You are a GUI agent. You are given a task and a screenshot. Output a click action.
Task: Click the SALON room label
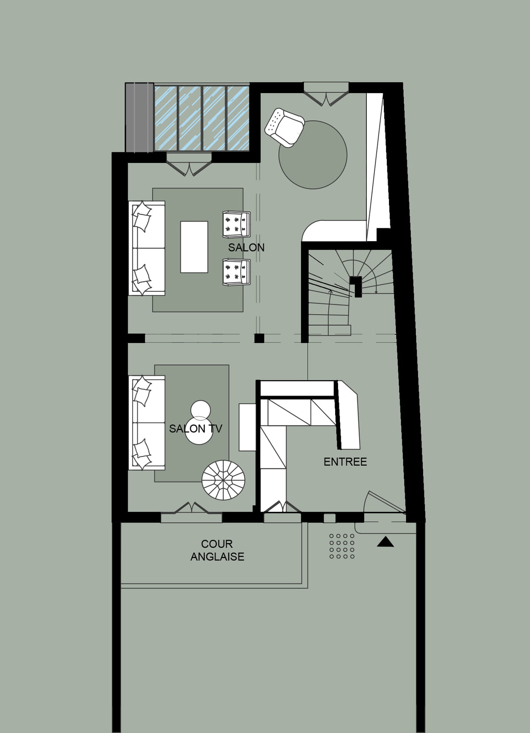click(x=246, y=247)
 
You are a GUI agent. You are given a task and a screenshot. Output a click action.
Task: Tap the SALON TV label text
click(x=195, y=429)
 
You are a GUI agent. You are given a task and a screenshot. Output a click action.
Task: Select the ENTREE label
click(x=345, y=462)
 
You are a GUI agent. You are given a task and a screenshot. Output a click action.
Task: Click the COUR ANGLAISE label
click(x=217, y=550)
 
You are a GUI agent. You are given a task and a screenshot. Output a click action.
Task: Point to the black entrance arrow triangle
click(x=385, y=542)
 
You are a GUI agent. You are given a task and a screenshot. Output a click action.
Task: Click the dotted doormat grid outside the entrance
click(x=342, y=546)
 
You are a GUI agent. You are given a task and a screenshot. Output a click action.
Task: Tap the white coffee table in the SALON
click(x=194, y=247)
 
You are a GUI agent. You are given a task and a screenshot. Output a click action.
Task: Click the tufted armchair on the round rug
click(x=285, y=127)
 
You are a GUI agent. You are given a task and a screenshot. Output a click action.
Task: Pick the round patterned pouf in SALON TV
click(x=223, y=480)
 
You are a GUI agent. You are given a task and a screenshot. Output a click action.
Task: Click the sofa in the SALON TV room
click(x=147, y=423)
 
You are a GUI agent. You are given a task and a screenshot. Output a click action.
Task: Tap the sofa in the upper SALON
click(x=147, y=248)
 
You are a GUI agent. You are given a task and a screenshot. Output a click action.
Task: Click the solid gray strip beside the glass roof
click(x=139, y=118)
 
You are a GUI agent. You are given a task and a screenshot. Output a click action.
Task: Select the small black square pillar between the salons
click(x=259, y=338)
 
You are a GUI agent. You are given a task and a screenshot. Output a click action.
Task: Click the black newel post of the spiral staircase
click(x=356, y=286)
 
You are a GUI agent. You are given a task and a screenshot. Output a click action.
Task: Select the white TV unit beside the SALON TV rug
click(x=247, y=427)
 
